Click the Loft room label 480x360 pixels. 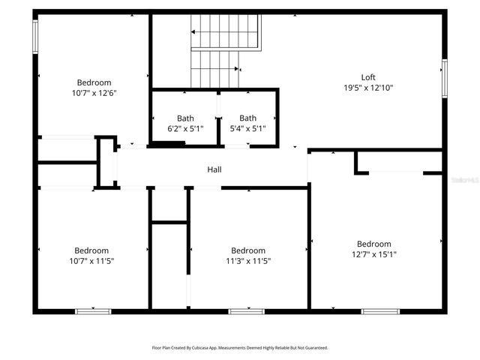point(367,77)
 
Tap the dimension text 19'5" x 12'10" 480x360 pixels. point(367,88)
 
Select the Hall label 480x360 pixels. point(214,170)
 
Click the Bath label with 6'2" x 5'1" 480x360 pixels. point(185,118)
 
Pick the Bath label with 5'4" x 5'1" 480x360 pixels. point(247,118)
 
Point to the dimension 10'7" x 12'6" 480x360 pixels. point(94,93)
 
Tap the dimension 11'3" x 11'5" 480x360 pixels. point(247,261)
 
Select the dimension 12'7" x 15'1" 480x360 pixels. point(373,254)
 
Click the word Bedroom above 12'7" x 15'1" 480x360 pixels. point(373,244)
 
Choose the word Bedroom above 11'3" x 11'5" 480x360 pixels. point(247,250)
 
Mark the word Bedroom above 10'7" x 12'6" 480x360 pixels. point(94,82)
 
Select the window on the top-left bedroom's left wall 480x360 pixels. point(35,36)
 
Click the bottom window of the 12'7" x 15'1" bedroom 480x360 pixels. point(380,310)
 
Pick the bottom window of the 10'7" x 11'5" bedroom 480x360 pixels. point(93,310)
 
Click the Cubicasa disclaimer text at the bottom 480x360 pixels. point(240,348)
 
